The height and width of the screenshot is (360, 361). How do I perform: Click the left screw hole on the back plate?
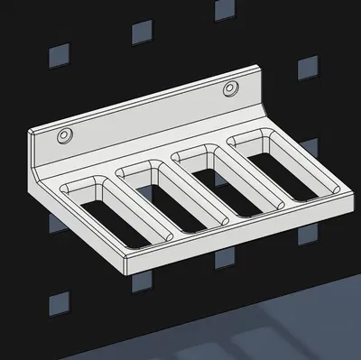pos(65,134)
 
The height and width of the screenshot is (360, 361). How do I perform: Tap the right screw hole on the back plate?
pos(230,89)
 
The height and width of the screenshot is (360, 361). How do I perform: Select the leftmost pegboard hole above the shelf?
pos(58,53)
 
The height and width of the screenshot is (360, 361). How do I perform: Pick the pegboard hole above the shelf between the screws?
pos(142,33)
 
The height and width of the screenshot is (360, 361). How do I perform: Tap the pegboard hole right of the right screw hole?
pos(307,66)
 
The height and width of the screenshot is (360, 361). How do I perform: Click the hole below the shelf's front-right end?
pos(309,237)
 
